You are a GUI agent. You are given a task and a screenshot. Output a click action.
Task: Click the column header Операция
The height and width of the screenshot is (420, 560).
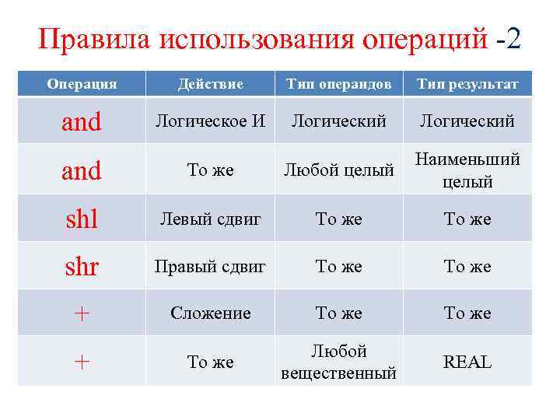point(82,84)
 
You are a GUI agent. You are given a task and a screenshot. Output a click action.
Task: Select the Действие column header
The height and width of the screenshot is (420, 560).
point(210,84)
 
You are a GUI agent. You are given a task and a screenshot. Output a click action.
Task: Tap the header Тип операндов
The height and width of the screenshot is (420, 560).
point(338,84)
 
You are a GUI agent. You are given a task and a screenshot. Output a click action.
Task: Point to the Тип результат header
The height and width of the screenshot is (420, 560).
point(467,84)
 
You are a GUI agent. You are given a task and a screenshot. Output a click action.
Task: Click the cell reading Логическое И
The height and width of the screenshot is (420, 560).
point(210,121)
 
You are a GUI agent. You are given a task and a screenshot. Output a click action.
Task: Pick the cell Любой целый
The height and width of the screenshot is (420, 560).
point(338,170)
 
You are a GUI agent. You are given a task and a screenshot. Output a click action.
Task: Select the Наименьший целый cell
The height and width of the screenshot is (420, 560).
point(467,170)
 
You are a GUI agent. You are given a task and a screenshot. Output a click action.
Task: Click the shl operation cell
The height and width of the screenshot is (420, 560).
point(82,219)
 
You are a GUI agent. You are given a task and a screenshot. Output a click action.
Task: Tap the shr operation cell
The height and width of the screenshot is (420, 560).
point(82,267)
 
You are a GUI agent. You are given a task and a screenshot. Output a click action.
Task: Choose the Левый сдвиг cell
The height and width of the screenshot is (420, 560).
point(210,219)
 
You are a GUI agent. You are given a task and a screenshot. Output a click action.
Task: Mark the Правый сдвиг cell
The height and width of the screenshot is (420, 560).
point(210,267)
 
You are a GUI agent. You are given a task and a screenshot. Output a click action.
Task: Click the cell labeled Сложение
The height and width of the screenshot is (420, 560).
point(210,313)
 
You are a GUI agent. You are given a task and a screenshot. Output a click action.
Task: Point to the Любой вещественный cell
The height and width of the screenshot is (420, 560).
point(338,362)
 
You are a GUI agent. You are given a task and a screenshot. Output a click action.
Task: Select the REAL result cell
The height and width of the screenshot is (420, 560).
point(467,362)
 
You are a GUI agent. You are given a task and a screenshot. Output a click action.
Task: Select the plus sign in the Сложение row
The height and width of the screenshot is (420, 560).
point(82,313)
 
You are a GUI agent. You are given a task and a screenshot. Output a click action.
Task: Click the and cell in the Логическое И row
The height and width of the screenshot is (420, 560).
point(82,121)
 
